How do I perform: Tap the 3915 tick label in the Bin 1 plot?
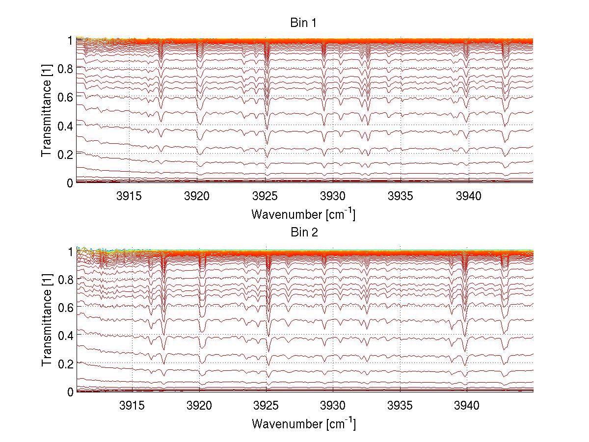(129, 196)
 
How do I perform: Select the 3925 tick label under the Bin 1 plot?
(265, 196)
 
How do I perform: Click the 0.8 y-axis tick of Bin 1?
(65, 68)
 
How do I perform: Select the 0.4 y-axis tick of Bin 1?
(65, 126)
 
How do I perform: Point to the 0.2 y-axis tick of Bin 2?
(65, 364)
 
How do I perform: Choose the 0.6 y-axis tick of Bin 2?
(65, 307)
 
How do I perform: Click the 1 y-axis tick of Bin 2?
(70, 251)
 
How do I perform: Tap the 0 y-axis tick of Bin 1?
(70, 182)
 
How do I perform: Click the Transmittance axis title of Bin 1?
(47, 110)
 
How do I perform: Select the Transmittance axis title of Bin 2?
(47, 321)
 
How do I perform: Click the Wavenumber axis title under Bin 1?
(303, 214)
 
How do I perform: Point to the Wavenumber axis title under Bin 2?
(303, 423)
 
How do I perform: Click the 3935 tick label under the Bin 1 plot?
(401, 196)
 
